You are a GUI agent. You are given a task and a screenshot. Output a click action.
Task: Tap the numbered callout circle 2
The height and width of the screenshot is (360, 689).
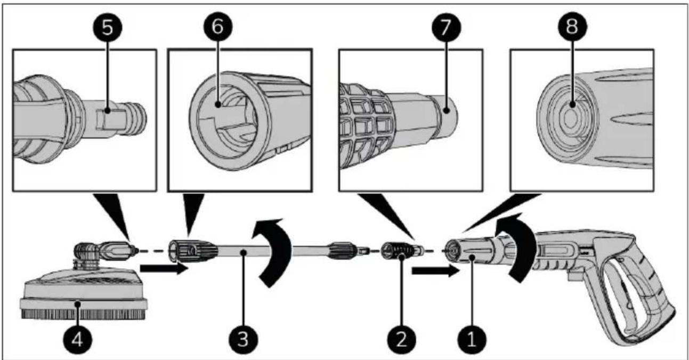click(401, 338)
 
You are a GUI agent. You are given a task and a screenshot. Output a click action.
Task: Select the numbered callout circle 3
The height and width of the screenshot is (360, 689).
click(243, 338)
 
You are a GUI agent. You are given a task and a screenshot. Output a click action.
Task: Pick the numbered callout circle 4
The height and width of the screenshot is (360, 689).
click(78, 338)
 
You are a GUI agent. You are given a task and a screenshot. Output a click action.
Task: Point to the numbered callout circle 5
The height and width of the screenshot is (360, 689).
click(108, 28)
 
